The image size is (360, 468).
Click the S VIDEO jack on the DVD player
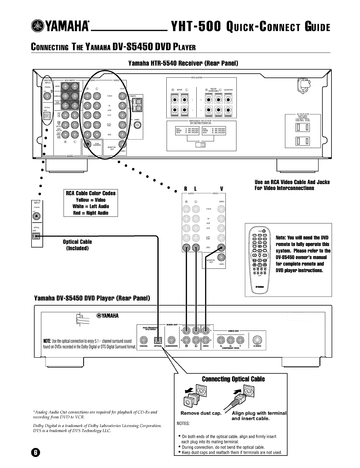tap(257, 340)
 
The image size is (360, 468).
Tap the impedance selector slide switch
tap(201, 145)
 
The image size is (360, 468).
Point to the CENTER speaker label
tap(228, 90)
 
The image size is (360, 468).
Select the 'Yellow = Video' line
tap(91, 200)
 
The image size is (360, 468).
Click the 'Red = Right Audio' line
tap(91, 213)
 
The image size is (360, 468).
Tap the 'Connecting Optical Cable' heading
tap(233, 379)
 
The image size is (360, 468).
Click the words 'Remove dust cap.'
tap(201, 413)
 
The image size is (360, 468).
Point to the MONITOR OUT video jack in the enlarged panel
tap(221, 257)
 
